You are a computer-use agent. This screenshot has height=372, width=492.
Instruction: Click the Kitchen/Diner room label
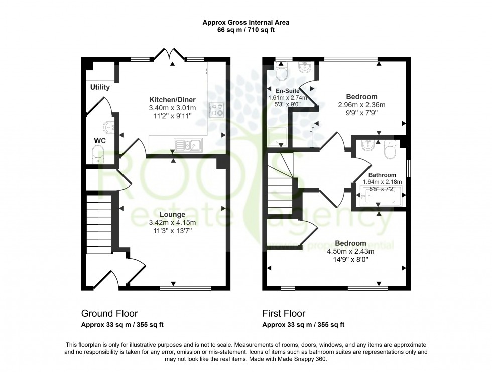(x=172, y=99)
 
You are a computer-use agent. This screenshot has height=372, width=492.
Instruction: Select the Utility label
(x=100, y=87)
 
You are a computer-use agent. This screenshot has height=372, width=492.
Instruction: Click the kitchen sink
(x=187, y=145)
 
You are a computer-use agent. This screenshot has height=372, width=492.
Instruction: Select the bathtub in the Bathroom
(x=379, y=197)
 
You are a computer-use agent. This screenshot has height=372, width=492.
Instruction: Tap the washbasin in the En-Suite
(x=305, y=68)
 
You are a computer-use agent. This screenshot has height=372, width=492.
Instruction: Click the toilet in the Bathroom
(x=390, y=149)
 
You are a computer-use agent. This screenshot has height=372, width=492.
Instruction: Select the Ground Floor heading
(x=109, y=314)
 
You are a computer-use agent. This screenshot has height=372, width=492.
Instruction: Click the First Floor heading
(x=284, y=314)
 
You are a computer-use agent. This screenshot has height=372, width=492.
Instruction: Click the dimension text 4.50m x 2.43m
(x=350, y=252)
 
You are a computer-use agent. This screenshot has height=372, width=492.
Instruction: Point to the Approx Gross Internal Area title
(x=245, y=22)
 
